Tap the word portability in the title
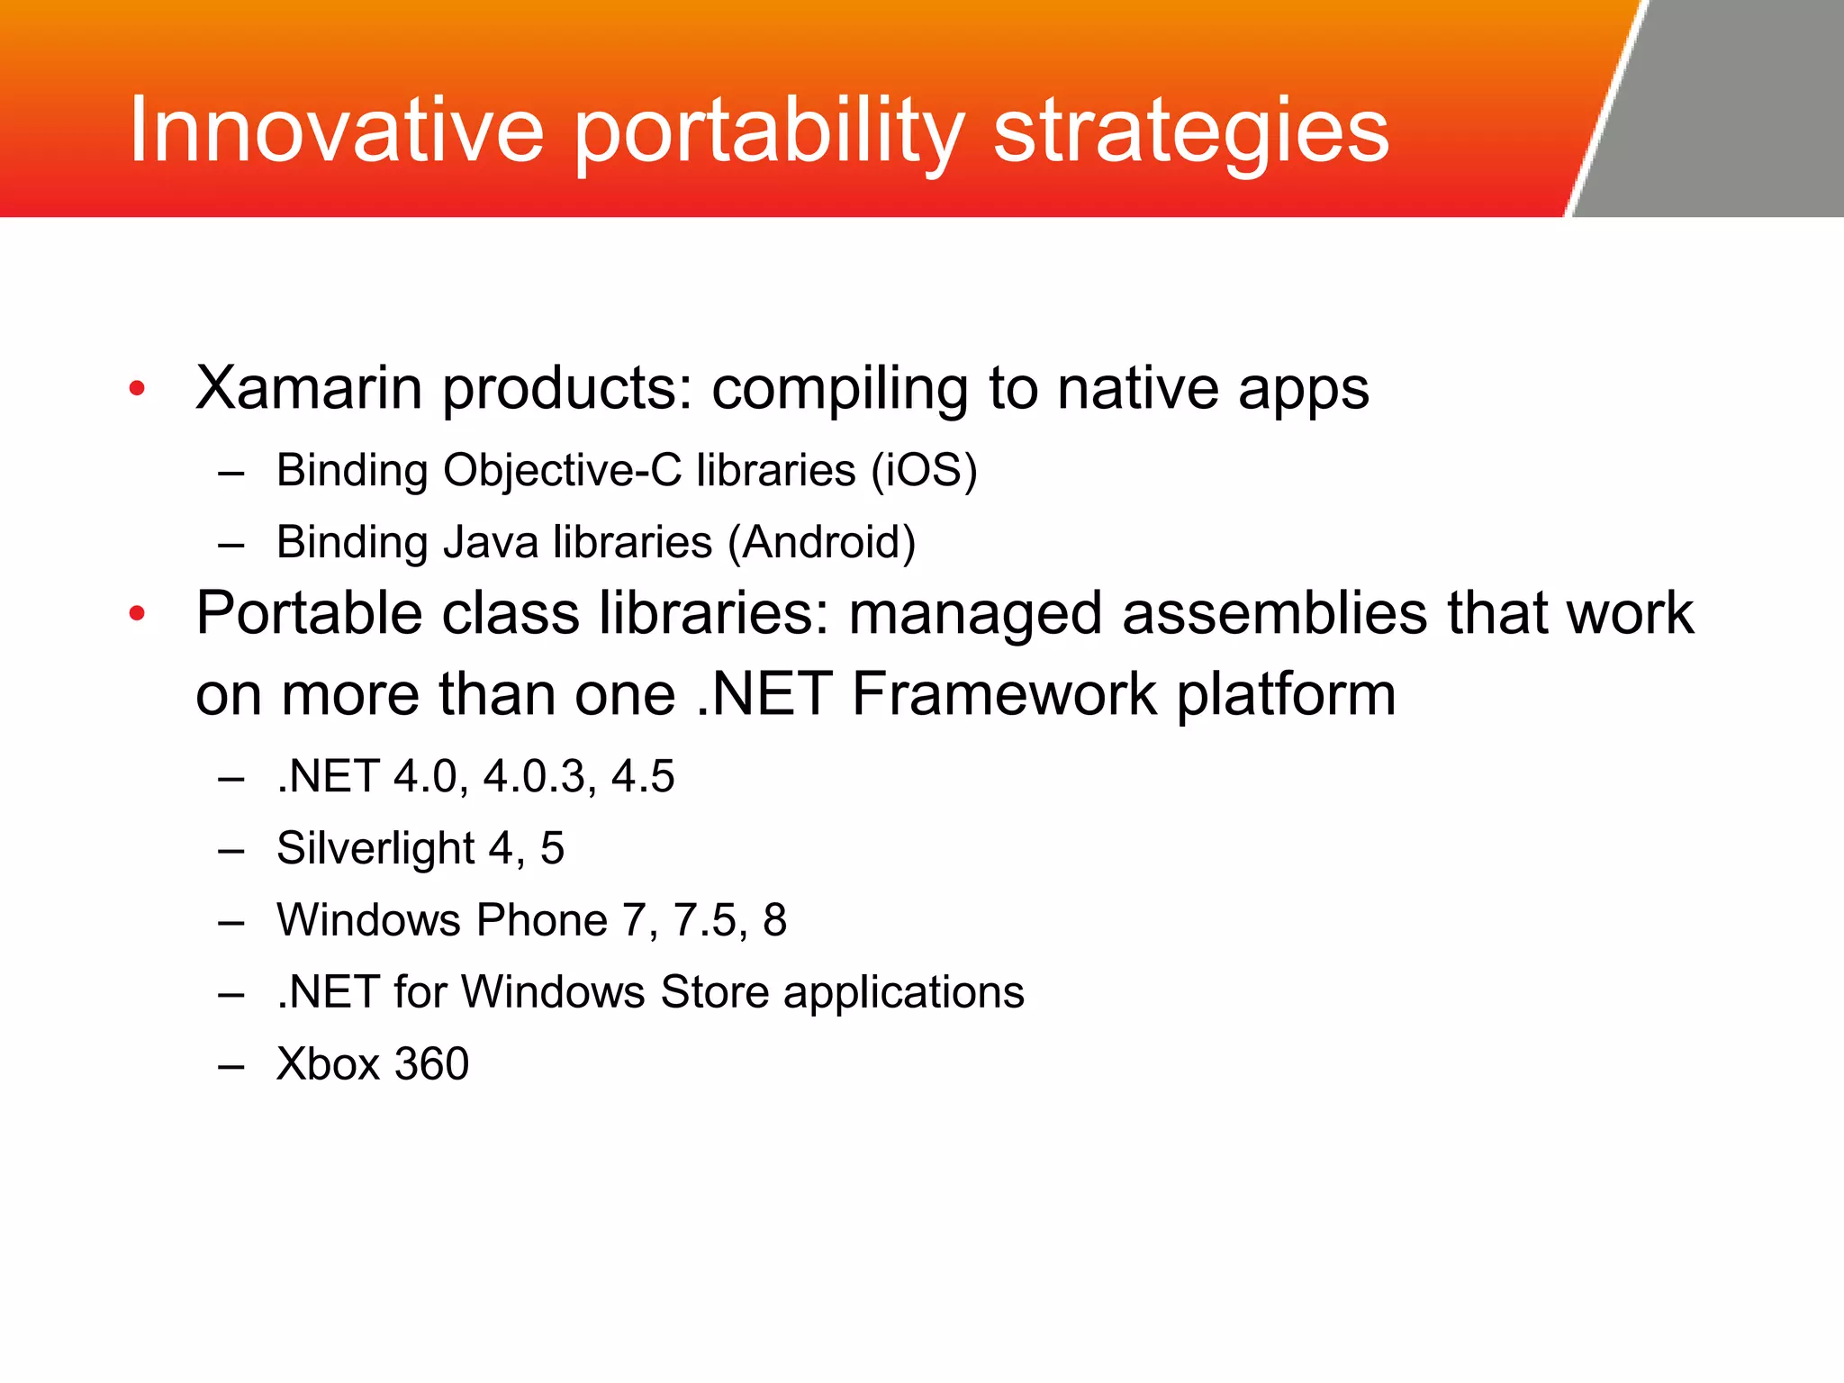pos(769,135)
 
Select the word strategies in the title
pos(1191,135)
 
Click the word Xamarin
pos(309,388)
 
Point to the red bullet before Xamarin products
pos(137,389)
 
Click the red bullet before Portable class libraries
pos(137,614)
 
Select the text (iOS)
pos(924,471)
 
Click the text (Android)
pos(822,543)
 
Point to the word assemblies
pos(1274,613)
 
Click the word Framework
pos(1004,694)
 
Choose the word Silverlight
pos(375,849)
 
